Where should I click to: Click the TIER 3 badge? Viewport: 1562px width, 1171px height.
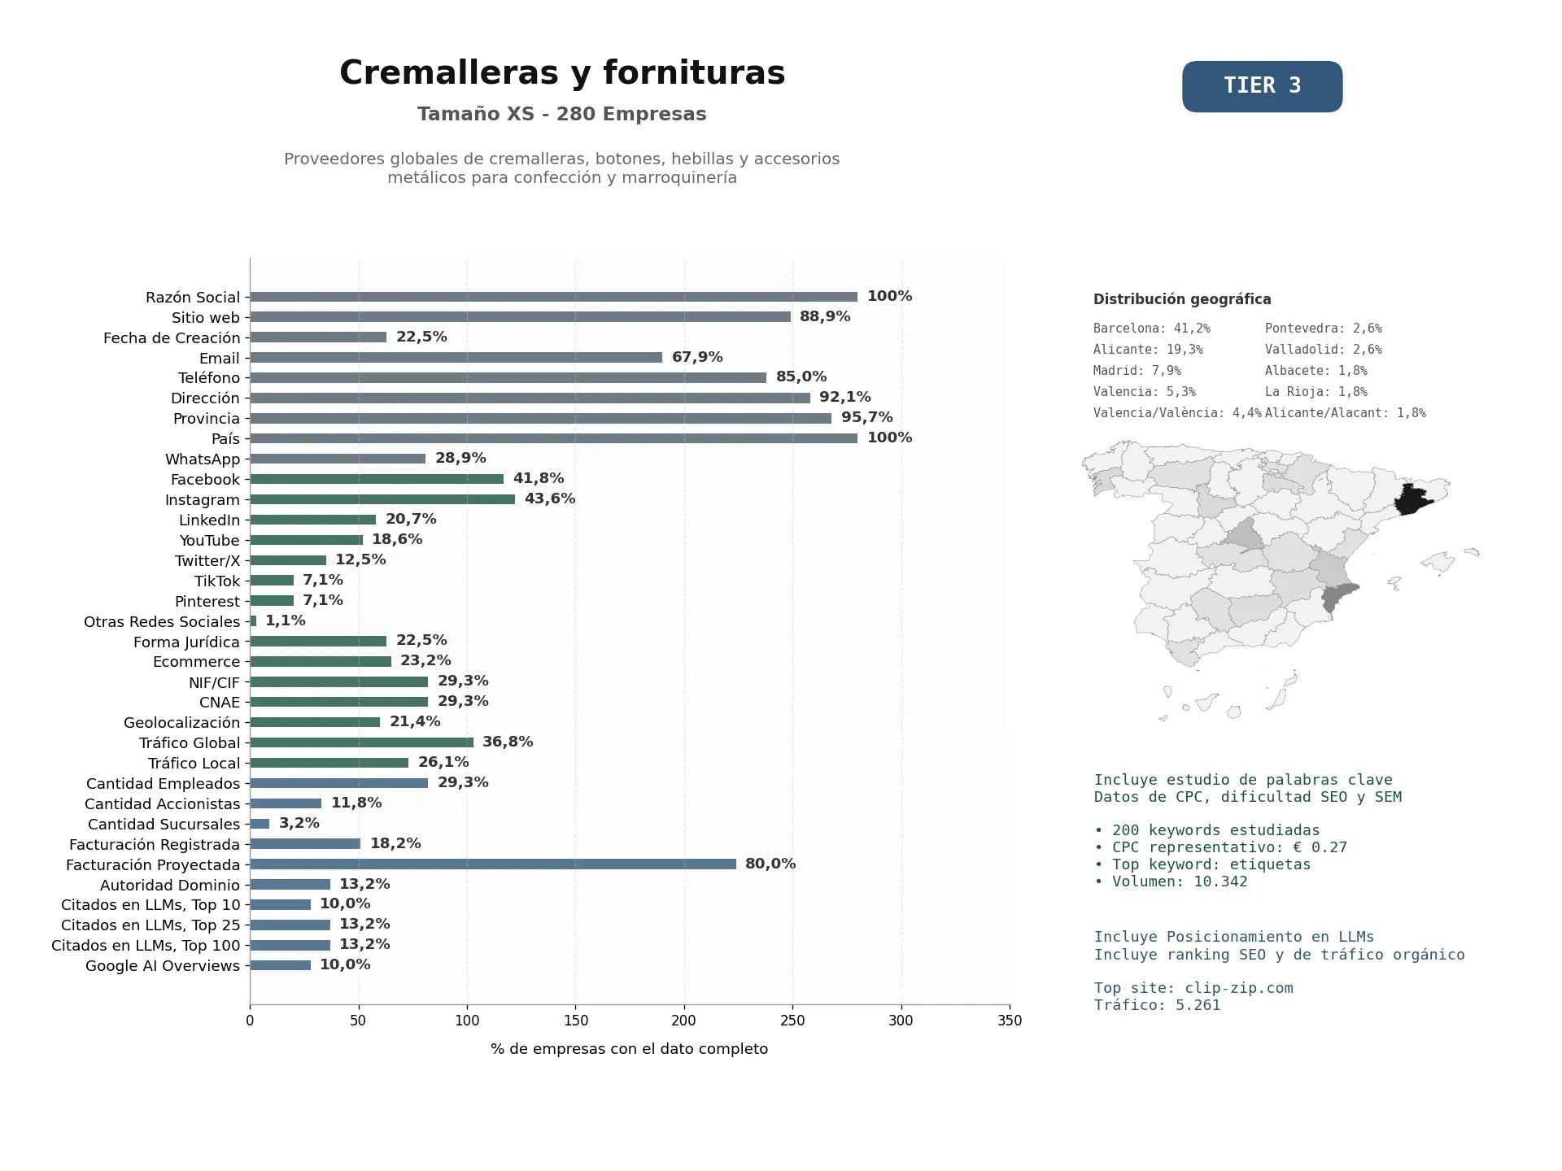(x=1262, y=86)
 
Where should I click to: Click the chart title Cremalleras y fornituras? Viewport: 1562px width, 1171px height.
(x=562, y=73)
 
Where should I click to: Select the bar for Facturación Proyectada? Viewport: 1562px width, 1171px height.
(x=493, y=864)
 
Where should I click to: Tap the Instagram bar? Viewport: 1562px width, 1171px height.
(x=382, y=499)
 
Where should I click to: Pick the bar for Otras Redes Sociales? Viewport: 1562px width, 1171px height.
(x=253, y=621)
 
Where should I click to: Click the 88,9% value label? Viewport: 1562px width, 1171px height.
(x=825, y=316)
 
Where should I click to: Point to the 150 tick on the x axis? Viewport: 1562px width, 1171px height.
(x=575, y=1021)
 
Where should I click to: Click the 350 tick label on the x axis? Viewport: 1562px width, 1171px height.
(x=1010, y=1021)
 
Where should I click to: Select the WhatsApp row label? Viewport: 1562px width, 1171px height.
(x=203, y=459)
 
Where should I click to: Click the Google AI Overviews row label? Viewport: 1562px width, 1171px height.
(x=163, y=966)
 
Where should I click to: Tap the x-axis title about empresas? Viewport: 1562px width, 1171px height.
(x=629, y=1049)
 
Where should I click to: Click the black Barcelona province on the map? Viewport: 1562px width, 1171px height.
(x=1413, y=498)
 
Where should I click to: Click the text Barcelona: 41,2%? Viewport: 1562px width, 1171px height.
(x=1152, y=329)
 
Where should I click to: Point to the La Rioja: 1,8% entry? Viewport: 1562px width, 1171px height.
(x=1316, y=392)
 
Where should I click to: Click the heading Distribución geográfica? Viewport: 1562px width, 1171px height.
(x=1182, y=299)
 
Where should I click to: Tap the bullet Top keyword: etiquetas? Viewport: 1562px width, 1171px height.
(x=1202, y=864)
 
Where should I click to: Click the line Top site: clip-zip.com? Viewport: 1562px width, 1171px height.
(x=1193, y=988)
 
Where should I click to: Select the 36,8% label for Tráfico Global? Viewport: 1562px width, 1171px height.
(x=508, y=742)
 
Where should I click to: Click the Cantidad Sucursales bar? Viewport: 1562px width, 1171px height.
(x=260, y=824)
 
